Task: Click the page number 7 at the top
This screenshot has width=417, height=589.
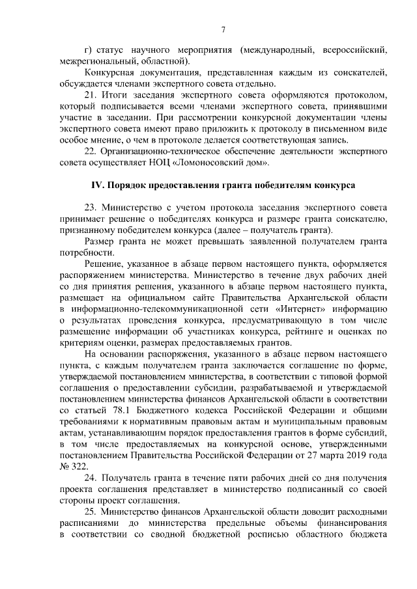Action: (223, 30)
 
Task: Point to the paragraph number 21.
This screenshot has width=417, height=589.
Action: (91, 96)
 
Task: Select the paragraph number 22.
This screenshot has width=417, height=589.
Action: (91, 152)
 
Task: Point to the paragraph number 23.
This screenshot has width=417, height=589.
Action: (91, 208)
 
